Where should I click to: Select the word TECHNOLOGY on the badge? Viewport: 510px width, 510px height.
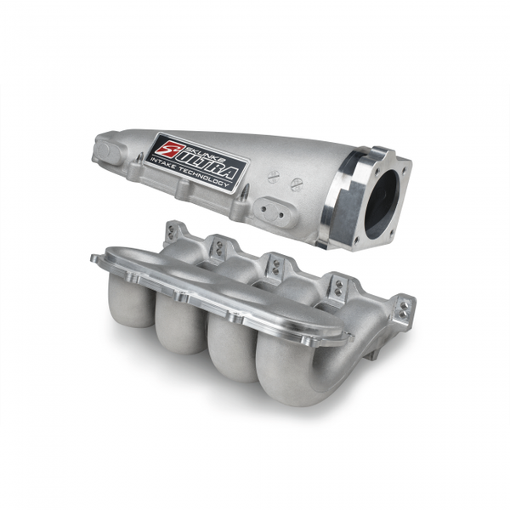(x=209, y=178)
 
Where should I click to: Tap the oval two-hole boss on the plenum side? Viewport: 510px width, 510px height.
(x=274, y=211)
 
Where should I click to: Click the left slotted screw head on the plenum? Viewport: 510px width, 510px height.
(x=274, y=177)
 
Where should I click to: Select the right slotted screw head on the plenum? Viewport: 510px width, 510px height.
(x=297, y=184)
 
